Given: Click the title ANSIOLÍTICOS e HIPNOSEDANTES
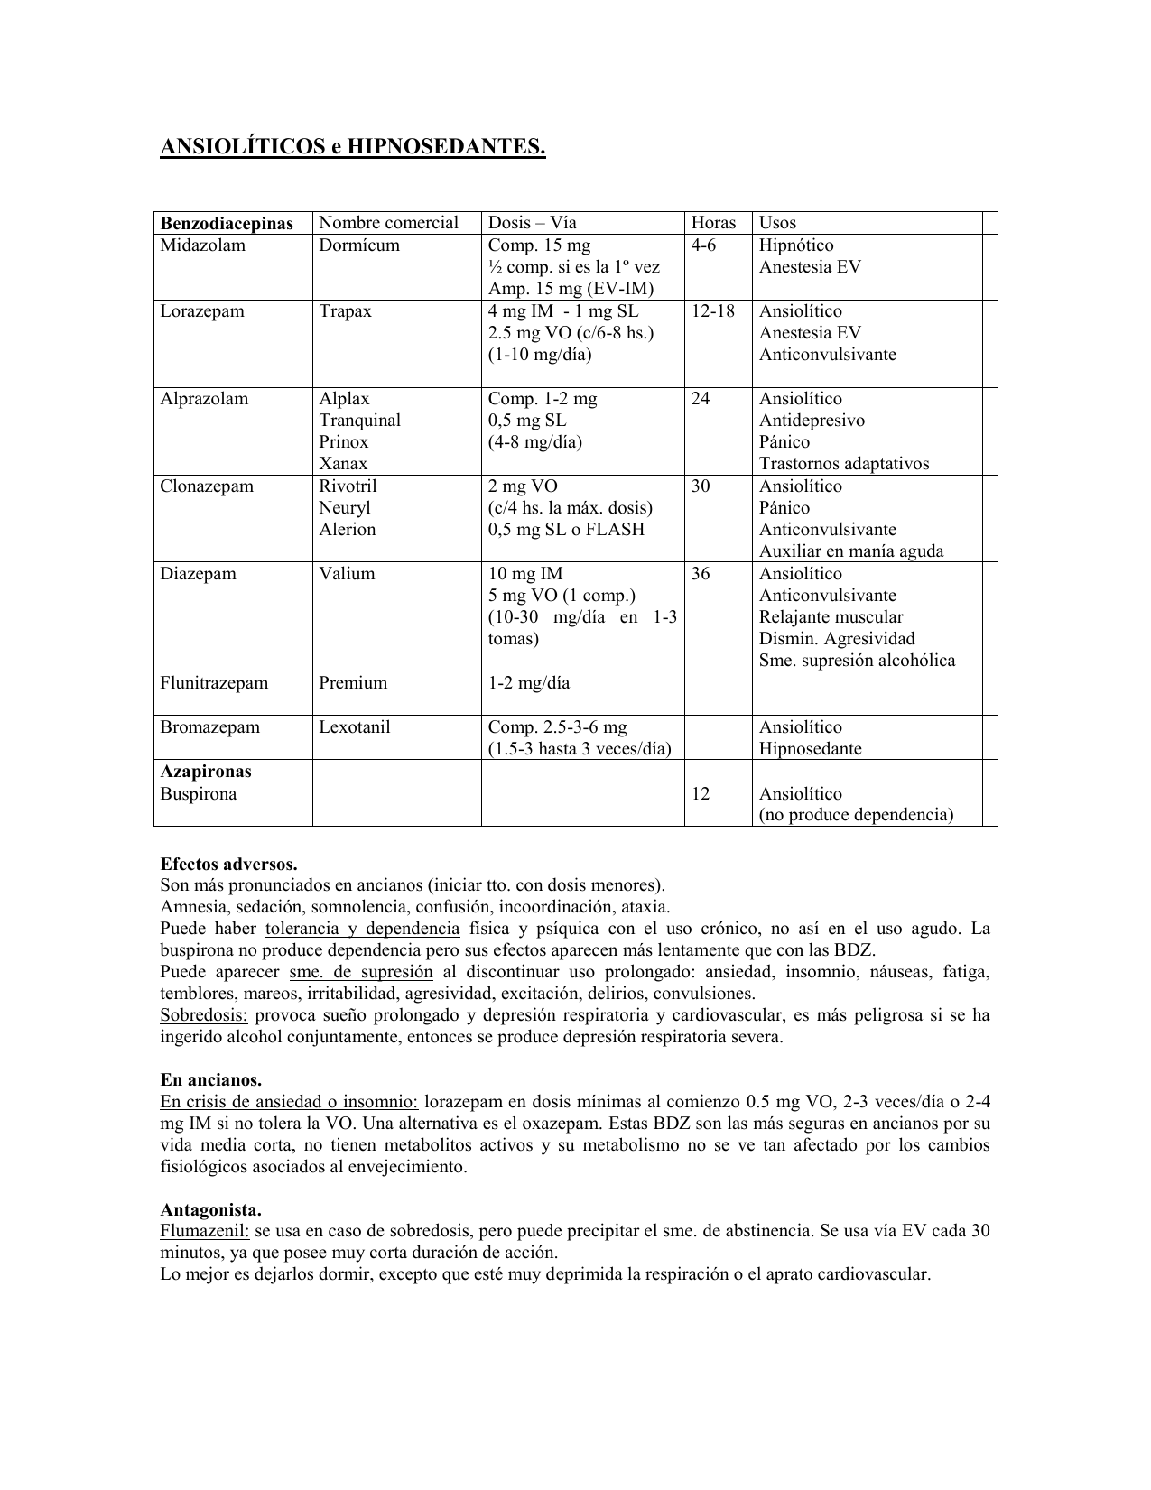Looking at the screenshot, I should coord(353,146).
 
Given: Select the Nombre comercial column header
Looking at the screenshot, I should coord(389,223).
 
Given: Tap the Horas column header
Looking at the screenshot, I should coord(713,223).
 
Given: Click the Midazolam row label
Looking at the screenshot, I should coord(202,245).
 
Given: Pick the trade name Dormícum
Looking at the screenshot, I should coord(358,245).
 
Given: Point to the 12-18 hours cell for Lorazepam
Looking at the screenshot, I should coord(713,311).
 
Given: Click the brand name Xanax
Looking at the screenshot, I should coord(343,464).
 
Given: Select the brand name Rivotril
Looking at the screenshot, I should coord(348,486).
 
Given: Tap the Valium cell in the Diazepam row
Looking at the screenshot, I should coord(346,574).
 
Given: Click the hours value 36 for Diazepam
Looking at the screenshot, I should coord(701,574).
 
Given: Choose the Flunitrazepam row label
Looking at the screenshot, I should coord(214,683).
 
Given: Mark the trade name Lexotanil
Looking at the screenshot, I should coord(354,727).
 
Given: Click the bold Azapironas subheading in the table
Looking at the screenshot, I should coord(206,772).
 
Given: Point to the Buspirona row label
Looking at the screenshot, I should coord(198,794).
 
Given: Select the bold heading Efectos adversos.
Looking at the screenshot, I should coord(228,864).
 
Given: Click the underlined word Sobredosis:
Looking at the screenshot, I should coord(203,1015).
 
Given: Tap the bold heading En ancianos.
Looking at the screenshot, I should coord(211,1080).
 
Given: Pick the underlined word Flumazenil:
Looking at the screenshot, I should coord(205,1231).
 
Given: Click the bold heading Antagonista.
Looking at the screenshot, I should coord(211,1209).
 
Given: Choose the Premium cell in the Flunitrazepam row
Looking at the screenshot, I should coord(352,683).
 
